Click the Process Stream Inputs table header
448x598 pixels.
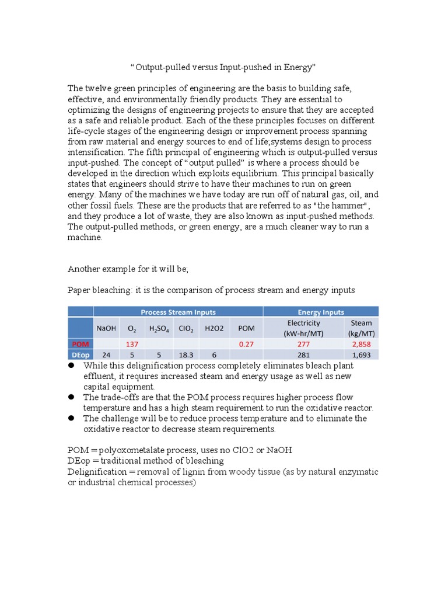tap(178, 312)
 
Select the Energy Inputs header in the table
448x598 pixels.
tap(321, 312)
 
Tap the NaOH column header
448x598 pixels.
tap(106, 328)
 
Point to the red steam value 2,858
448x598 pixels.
tap(361, 345)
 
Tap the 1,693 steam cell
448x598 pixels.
tap(361, 354)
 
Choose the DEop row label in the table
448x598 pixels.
tap(80, 354)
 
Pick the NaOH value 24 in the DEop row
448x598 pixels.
tap(106, 354)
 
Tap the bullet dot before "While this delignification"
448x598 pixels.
tap(71, 366)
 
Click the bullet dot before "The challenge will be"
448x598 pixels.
tap(71, 418)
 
